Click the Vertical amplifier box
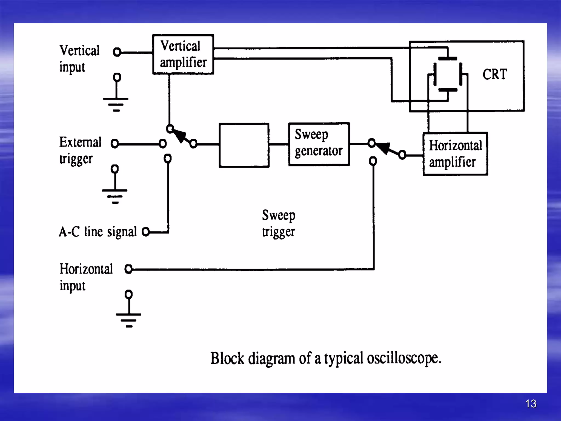pyautogui.click(x=183, y=54)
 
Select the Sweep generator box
pyautogui.click(x=319, y=144)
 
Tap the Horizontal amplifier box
pyautogui.click(x=455, y=154)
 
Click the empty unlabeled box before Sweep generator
pyautogui.click(x=244, y=145)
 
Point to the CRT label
pyautogui.click(x=495, y=74)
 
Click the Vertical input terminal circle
pyautogui.click(x=117, y=52)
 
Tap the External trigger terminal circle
pyautogui.click(x=115, y=143)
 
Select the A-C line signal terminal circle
pyautogui.click(x=146, y=232)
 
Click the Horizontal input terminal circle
pyautogui.click(x=128, y=269)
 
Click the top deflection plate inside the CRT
pyautogui.click(x=448, y=59)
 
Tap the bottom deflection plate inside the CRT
pyautogui.click(x=448, y=90)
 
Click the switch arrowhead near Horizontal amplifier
pyautogui.click(x=383, y=148)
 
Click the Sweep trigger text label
pyautogui.click(x=279, y=223)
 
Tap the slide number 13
pyautogui.click(x=531, y=403)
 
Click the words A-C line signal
pyautogui.click(x=98, y=232)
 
